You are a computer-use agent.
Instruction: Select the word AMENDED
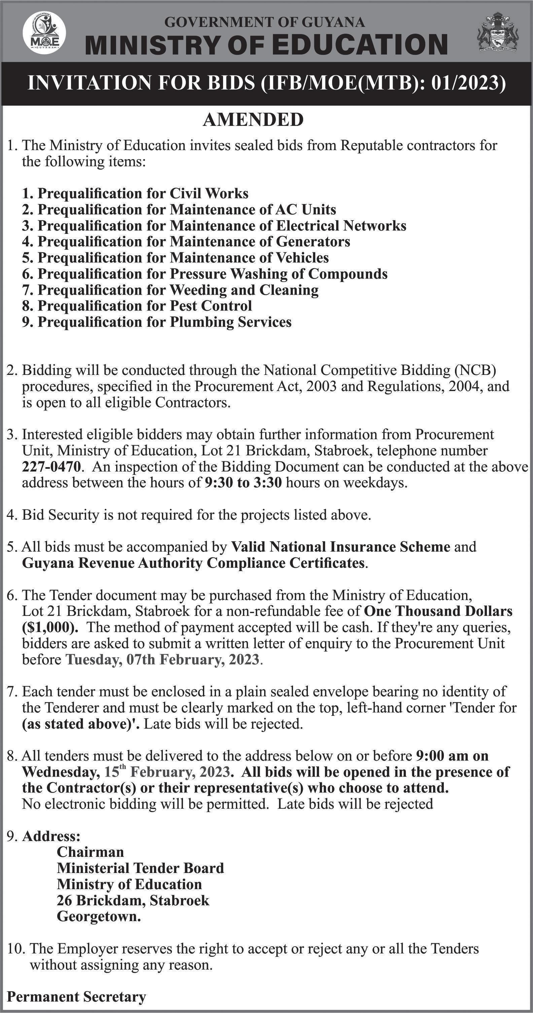(x=253, y=119)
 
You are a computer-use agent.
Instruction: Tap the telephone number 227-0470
(x=51, y=467)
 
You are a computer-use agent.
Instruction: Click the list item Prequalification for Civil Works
(x=135, y=194)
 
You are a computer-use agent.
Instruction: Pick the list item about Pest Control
(x=137, y=306)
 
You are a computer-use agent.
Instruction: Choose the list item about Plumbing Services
(x=156, y=322)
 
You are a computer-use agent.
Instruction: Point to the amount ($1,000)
(x=50, y=627)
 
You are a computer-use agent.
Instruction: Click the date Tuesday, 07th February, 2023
(x=162, y=660)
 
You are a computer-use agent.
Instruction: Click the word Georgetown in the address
(x=99, y=917)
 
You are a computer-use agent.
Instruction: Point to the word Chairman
(x=91, y=852)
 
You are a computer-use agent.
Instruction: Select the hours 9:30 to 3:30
(x=243, y=483)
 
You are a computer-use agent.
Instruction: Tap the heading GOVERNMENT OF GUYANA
(x=264, y=23)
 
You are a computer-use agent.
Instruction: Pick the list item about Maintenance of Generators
(x=186, y=241)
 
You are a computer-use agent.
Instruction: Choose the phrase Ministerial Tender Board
(x=140, y=868)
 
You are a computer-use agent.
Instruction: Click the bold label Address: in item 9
(x=51, y=836)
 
